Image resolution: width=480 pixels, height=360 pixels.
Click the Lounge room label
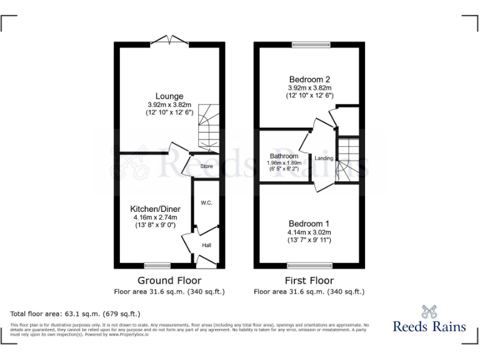[x=169, y=96]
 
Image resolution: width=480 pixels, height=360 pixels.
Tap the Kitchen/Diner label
[x=155, y=208]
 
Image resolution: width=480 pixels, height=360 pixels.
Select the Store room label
[x=206, y=166]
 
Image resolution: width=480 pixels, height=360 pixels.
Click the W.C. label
[x=206, y=203]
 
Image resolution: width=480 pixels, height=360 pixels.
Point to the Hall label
[x=206, y=246]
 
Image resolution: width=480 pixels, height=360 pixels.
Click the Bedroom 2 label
[x=309, y=79]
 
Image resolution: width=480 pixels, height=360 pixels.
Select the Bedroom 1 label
[x=309, y=223]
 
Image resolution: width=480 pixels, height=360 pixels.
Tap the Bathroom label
[x=284, y=156]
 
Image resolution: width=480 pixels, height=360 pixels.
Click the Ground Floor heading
[x=169, y=281]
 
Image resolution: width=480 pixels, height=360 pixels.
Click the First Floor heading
[x=309, y=281]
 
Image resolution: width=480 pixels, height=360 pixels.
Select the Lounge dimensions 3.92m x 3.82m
[x=169, y=104]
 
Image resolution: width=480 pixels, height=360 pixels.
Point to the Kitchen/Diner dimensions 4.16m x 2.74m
[x=155, y=217]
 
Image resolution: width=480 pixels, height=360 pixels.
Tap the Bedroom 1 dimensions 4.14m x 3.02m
[x=309, y=232]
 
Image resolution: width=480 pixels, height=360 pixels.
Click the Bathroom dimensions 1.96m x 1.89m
[x=284, y=162]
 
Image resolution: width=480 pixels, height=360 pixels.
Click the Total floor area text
[x=76, y=313]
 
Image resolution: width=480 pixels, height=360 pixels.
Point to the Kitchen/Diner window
[x=157, y=265]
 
